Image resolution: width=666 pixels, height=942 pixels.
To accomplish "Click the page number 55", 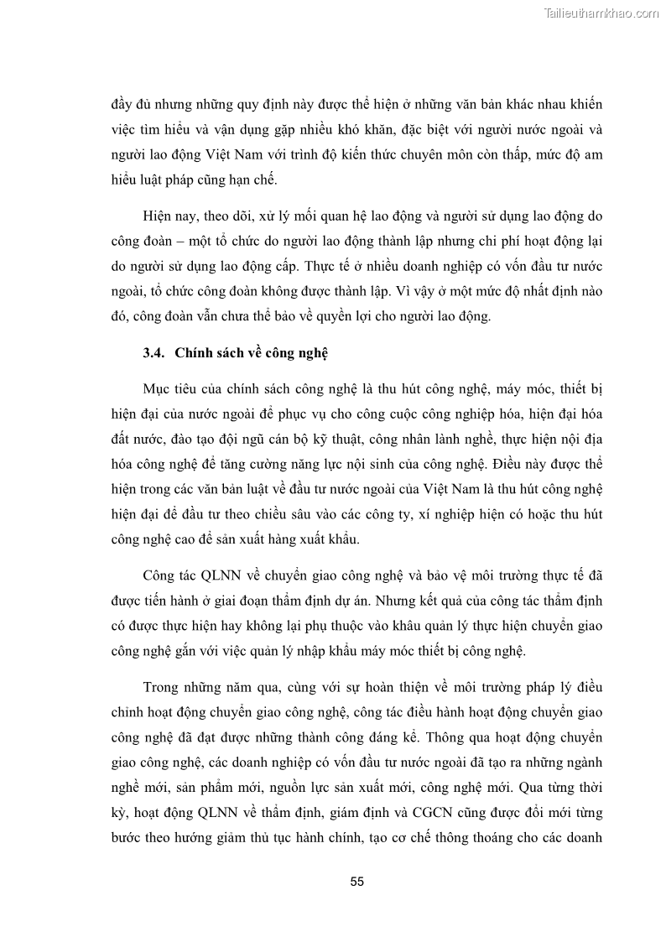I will click(356, 882).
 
